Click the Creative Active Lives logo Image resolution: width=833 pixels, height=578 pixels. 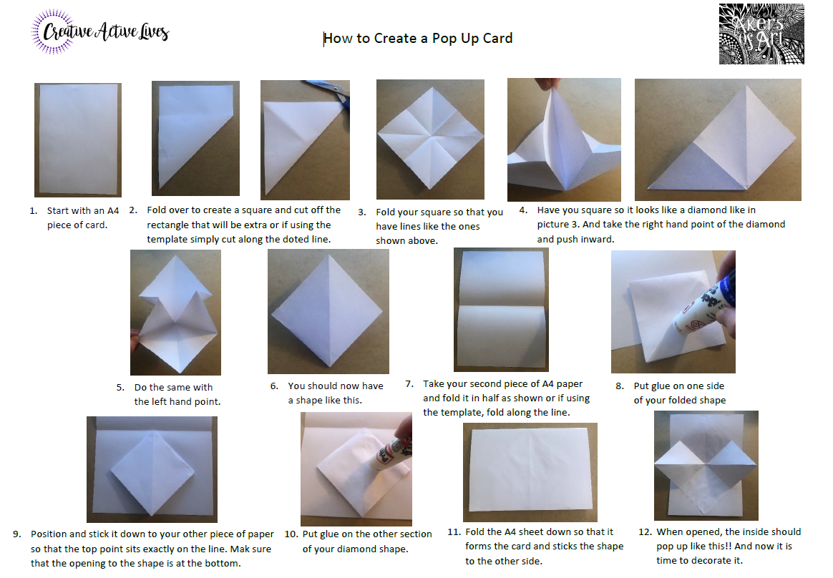[99, 33]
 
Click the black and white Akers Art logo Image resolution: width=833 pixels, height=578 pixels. [761, 34]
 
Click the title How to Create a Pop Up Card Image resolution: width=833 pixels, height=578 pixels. [418, 39]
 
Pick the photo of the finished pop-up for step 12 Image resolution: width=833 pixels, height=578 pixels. [705, 465]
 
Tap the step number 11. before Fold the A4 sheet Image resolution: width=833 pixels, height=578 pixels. [453, 532]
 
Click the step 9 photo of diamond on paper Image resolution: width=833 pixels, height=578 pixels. [151, 469]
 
